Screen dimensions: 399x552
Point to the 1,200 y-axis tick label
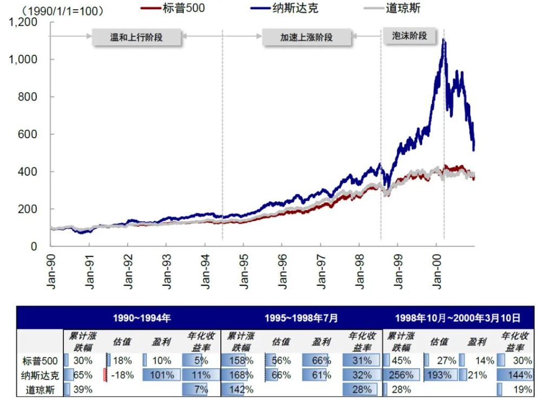23,22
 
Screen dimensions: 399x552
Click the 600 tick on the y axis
28,134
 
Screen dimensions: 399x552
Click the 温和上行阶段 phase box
136,38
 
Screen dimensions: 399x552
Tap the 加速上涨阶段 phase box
306,38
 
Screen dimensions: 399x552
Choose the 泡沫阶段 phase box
409,36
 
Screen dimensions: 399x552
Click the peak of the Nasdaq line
444,39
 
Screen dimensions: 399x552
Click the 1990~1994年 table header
142,318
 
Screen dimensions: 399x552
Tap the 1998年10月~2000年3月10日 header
458,318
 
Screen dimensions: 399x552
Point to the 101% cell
162,375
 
